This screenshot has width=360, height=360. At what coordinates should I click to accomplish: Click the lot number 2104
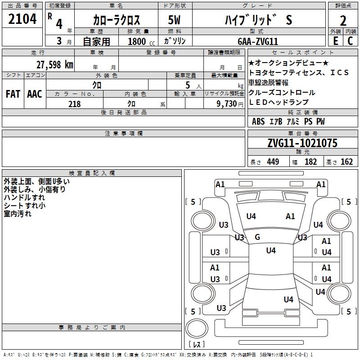tap(22, 20)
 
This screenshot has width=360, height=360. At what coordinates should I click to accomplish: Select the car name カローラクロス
tap(117, 20)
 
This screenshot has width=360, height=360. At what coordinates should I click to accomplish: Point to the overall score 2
tap(343, 20)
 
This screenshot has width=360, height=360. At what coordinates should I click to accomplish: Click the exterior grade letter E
tap(336, 40)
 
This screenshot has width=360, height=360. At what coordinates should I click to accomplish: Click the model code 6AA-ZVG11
tap(258, 41)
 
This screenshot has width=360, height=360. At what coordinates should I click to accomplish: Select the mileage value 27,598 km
tap(54, 64)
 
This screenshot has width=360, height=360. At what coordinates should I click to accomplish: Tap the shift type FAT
tap(13, 94)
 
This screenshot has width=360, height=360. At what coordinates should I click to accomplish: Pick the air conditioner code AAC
tap(34, 94)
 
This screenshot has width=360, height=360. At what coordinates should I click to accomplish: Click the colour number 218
tap(74, 104)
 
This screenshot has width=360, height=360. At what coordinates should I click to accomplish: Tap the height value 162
tap(346, 162)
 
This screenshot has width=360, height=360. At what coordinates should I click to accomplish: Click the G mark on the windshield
tap(257, 237)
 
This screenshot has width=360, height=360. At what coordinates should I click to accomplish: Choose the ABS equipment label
tap(258, 121)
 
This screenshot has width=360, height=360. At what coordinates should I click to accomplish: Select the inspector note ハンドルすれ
tap(24, 198)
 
